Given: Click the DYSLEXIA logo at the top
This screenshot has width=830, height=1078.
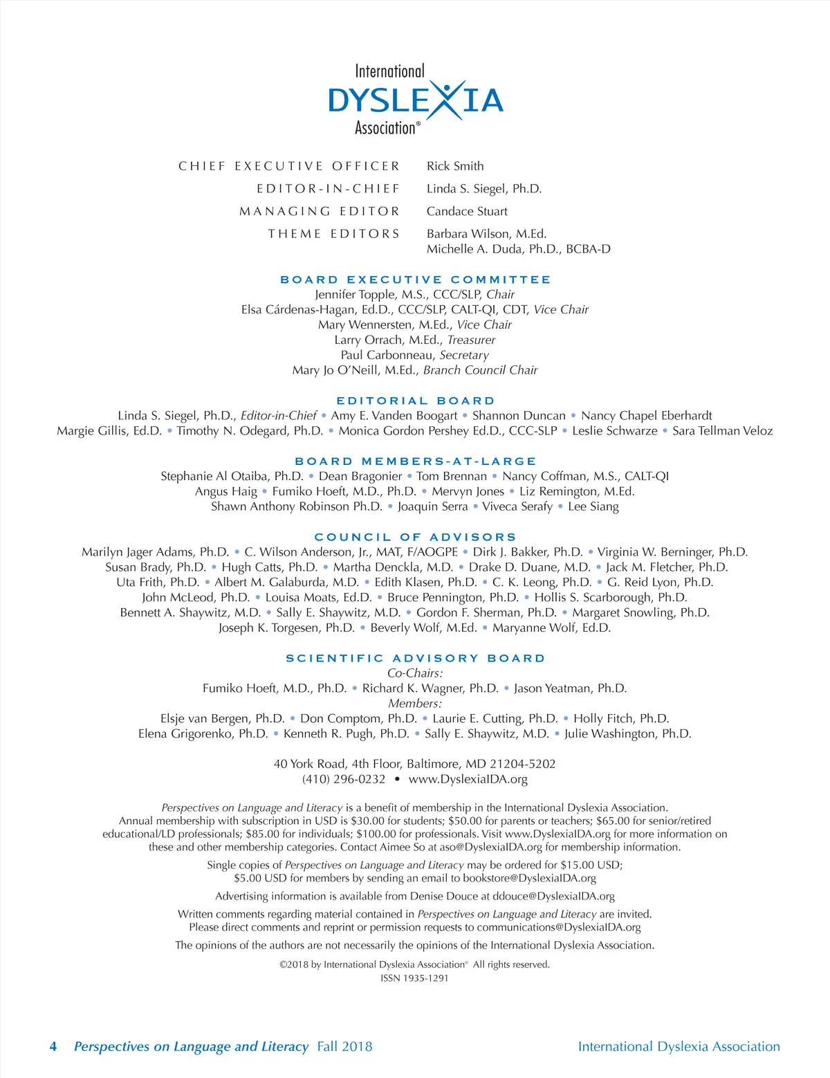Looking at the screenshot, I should (x=415, y=100).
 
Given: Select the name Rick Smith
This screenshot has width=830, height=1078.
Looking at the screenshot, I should (x=455, y=166).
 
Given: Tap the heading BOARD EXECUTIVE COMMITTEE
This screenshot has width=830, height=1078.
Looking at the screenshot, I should (x=415, y=280).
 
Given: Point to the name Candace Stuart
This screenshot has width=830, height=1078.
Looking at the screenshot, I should (x=467, y=212).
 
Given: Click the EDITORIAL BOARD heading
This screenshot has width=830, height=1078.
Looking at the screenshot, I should (x=415, y=401).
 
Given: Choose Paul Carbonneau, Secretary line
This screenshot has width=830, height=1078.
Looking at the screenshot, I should (x=415, y=355).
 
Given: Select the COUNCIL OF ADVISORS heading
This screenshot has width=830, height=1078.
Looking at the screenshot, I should (x=415, y=537).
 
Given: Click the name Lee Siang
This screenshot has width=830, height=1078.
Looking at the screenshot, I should (x=593, y=506).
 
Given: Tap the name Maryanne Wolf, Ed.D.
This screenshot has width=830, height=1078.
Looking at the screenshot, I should (x=551, y=628).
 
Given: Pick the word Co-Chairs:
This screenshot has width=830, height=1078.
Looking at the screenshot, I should (x=415, y=673).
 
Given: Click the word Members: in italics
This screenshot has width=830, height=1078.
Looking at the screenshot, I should (x=415, y=704).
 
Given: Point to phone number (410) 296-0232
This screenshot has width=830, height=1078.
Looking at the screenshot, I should (x=344, y=779).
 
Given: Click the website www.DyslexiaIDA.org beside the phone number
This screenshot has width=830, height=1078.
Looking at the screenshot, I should (x=468, y=779).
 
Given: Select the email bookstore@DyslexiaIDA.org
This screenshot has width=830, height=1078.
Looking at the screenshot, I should (x=529, y=878).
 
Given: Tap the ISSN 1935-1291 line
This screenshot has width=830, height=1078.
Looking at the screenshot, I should (x=415, y=978).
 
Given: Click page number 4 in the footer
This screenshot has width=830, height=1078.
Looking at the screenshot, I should (x=53, y=1047).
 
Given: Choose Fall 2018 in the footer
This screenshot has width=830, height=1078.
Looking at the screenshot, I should (x=344, y=1047).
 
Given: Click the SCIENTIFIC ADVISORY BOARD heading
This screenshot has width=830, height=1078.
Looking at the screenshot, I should (x=415, y=658).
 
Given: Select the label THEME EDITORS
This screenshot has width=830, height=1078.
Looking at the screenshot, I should (x=334, y=234).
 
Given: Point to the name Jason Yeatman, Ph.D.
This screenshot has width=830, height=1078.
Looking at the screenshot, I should (x=570, y=688).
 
